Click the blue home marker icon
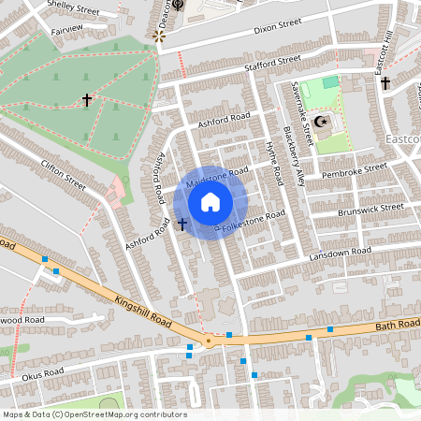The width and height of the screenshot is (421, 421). click(210, 201)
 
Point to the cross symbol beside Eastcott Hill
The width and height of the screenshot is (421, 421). click(385, 83)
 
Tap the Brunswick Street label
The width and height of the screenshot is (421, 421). click(371, 209)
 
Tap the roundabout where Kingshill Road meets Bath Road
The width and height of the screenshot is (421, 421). click(209, 341)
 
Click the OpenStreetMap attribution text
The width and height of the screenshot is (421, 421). click(94, 414)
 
